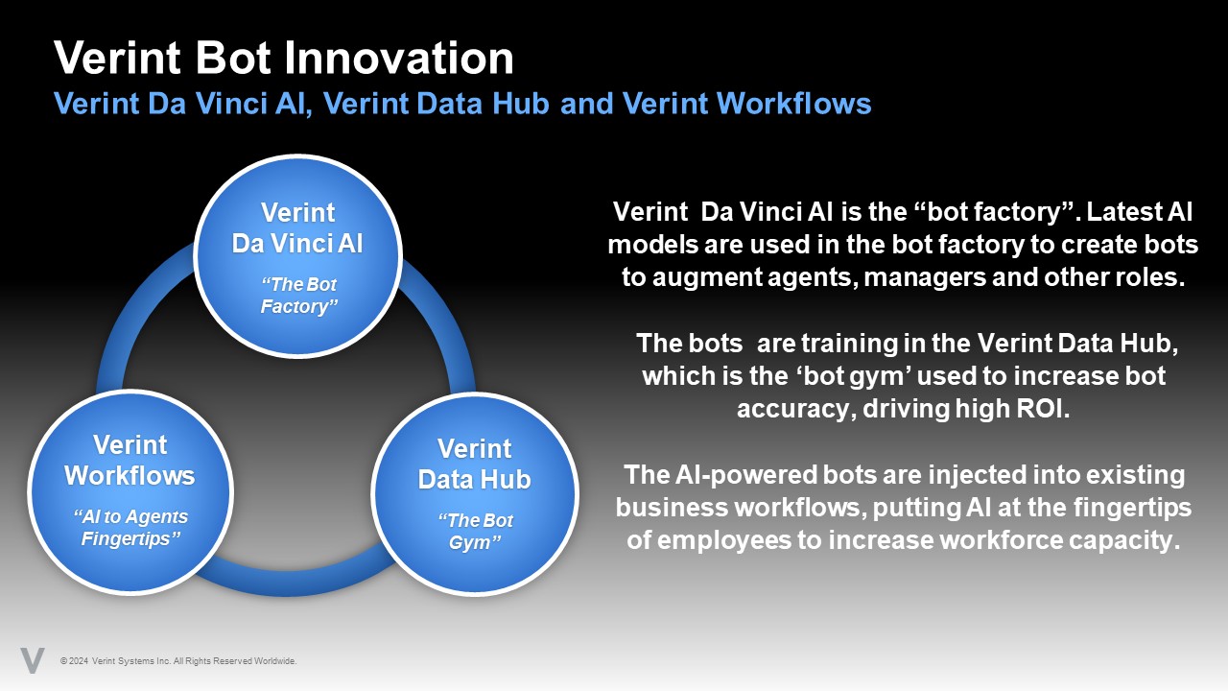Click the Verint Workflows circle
coord(130,491)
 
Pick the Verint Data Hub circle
coord(473,493)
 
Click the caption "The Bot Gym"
coord(475,531)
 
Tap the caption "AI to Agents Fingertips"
coord(130,527)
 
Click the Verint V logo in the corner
coord(33,660)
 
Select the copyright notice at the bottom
coord(178,661)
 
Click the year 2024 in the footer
coord(79,661)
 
